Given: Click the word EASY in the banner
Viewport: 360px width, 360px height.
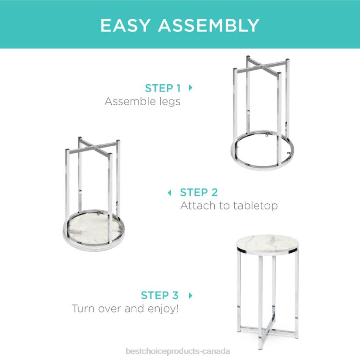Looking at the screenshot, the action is (x=125, y=25).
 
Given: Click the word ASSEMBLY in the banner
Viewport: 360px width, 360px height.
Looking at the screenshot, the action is (x=209, y=25).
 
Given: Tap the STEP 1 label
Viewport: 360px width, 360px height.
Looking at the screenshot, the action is (x=163, y=88).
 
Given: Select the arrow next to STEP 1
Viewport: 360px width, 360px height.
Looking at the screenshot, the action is (x=190, y=88).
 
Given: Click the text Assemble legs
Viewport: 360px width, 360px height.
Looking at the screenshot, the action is (x=142, y=101).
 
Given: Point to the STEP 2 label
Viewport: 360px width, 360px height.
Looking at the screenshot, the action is (x=199, y=192).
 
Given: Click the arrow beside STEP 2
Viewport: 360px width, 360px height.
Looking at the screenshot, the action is (x=170, y=192).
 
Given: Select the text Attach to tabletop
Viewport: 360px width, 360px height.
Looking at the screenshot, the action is (x=229, y=206).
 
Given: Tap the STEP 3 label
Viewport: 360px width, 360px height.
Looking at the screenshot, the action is (x=160, y=295).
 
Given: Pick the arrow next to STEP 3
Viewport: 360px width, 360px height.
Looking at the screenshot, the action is (x=190, y=295).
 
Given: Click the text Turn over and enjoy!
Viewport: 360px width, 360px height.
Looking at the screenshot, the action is (x=125, y=309).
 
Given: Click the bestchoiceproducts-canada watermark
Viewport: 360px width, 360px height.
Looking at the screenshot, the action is (x=178, y=351).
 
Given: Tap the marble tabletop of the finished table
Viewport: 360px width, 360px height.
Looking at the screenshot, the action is (x=267, y=243).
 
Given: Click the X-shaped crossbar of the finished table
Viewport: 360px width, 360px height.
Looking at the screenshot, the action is (x=268, y=328).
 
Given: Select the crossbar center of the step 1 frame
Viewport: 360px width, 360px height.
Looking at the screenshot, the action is (x=262, y=67).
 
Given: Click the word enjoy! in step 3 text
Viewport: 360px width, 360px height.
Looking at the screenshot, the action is (x=163, y=309).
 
